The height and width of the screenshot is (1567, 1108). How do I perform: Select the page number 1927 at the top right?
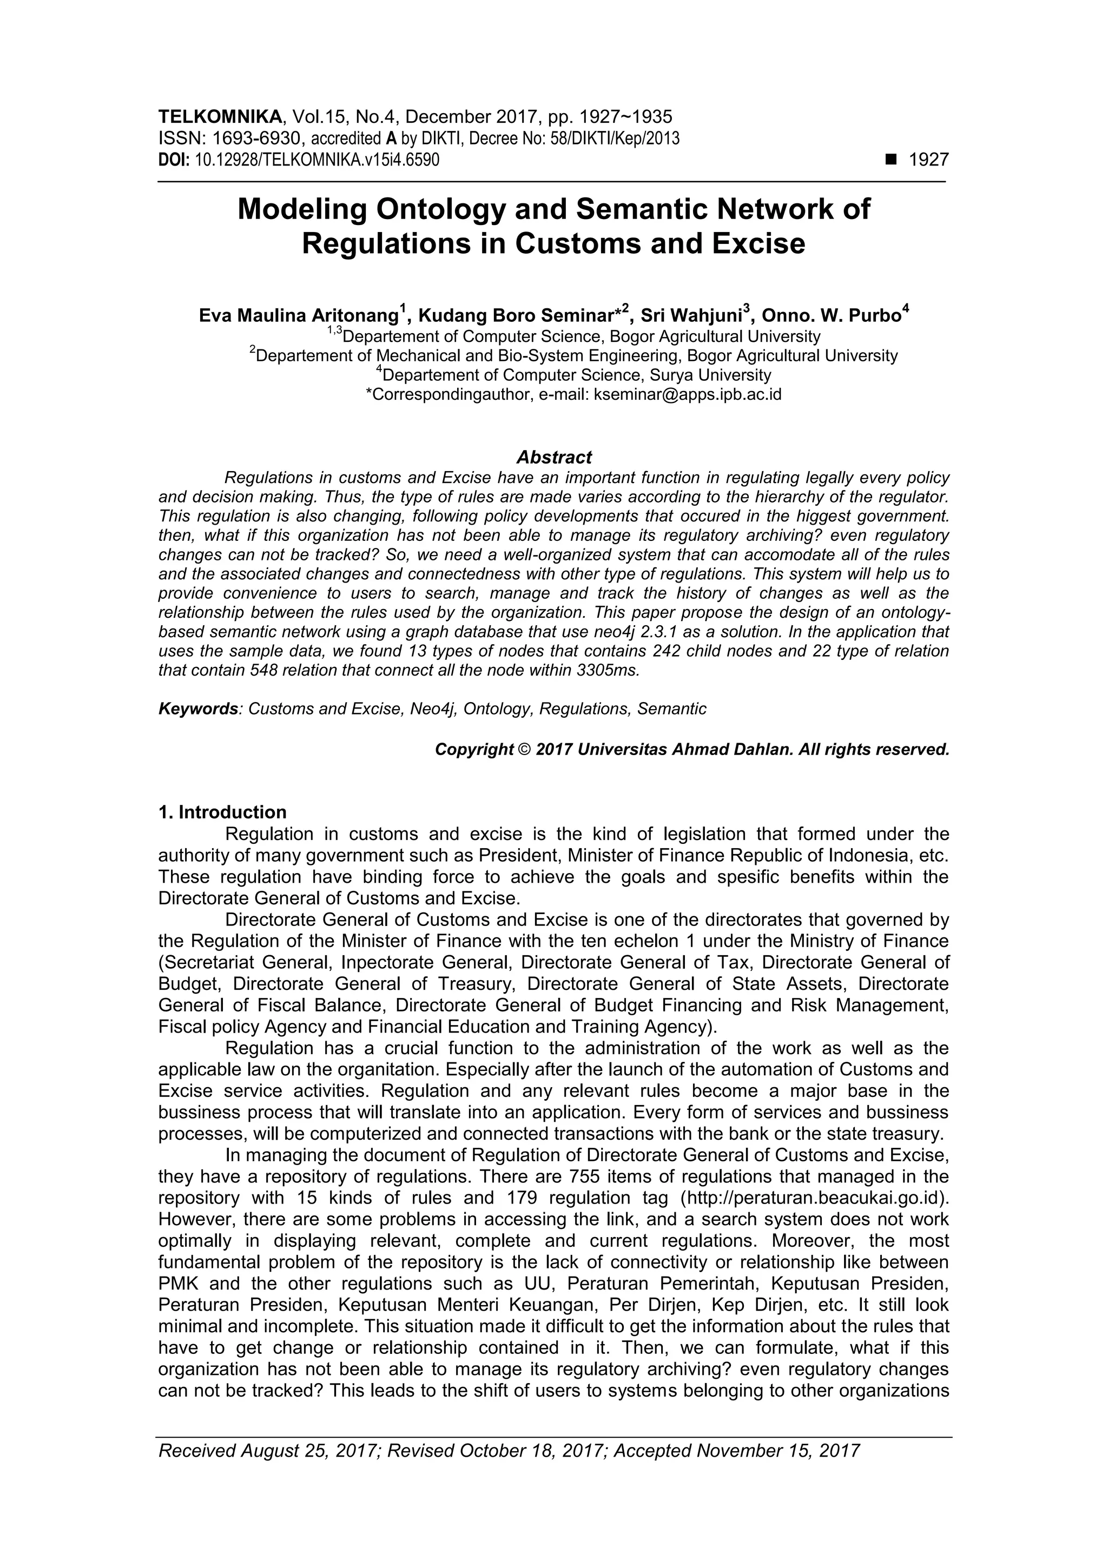point(929,161)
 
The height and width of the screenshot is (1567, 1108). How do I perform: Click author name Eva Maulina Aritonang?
point(298,316)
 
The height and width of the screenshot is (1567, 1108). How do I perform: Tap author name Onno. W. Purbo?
point(831,316)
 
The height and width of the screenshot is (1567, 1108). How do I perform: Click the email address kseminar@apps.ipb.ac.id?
point(688,394)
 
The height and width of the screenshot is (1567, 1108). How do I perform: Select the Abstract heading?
point(553,457)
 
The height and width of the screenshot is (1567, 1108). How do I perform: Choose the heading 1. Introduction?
point(222,812)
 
